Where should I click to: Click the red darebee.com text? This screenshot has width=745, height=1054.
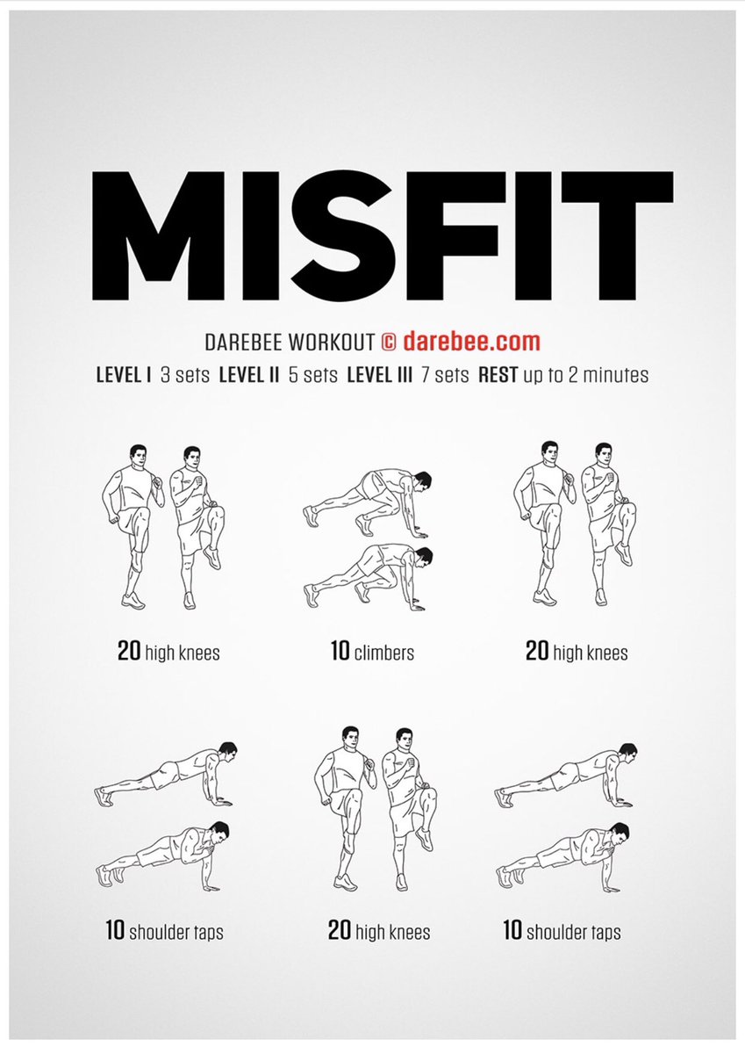tap(484, 341)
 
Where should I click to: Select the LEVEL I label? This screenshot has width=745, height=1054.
tap(124, 375)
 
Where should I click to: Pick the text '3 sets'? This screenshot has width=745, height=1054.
tap(185, 375)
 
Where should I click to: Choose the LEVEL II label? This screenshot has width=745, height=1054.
tap(249, 375)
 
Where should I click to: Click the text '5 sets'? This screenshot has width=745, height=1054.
tap(313, 375)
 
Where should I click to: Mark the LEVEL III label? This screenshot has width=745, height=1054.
tap(380, 375)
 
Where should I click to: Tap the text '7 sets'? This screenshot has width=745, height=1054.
tap(445, 375)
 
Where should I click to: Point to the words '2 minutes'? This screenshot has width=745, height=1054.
tap(611, 375)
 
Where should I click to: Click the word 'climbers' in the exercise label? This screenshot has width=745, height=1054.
tap(384, 653)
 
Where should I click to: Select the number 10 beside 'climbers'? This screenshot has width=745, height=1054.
tap(340, 652)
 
